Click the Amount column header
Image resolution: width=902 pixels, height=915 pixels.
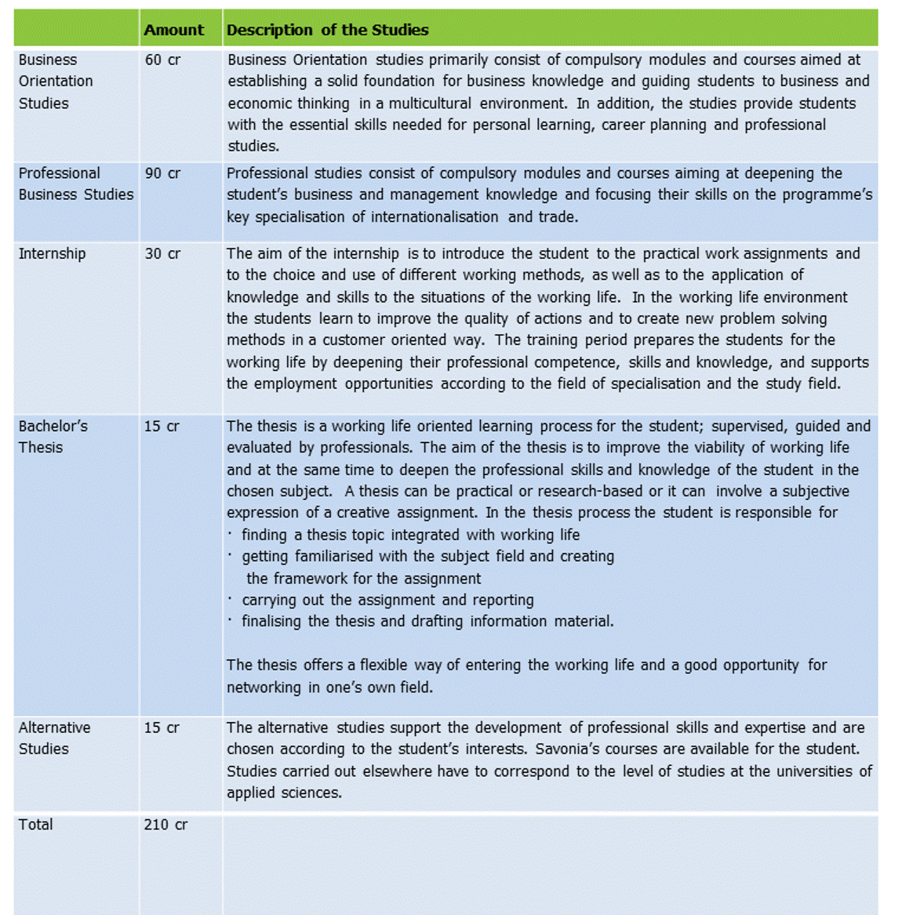(173, 31)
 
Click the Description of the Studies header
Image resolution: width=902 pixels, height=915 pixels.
(327, 31)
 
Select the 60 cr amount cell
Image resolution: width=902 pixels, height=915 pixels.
(162, 60)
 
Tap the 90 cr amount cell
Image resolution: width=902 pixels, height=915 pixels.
(162, 173)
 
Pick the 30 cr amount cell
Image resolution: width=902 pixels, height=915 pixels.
(162, 253)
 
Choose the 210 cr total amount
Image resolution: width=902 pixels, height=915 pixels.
(165, 824)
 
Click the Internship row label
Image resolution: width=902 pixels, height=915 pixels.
(52, 253)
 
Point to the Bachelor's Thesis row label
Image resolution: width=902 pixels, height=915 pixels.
(53, 437)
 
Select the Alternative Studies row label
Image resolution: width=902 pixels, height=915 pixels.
(54, 738)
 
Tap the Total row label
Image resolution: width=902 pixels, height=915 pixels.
(35, 824)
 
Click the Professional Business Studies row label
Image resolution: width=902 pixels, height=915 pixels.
(75, 183)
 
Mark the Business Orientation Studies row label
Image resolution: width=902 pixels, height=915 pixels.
(55, 81)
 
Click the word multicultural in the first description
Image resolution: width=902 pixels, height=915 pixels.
(430, 103)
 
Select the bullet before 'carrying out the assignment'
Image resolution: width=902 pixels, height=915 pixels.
(230, 599)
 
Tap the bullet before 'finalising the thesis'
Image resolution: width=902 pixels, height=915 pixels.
(230, 620)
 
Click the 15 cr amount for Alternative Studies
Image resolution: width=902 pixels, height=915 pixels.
(162, 728)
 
